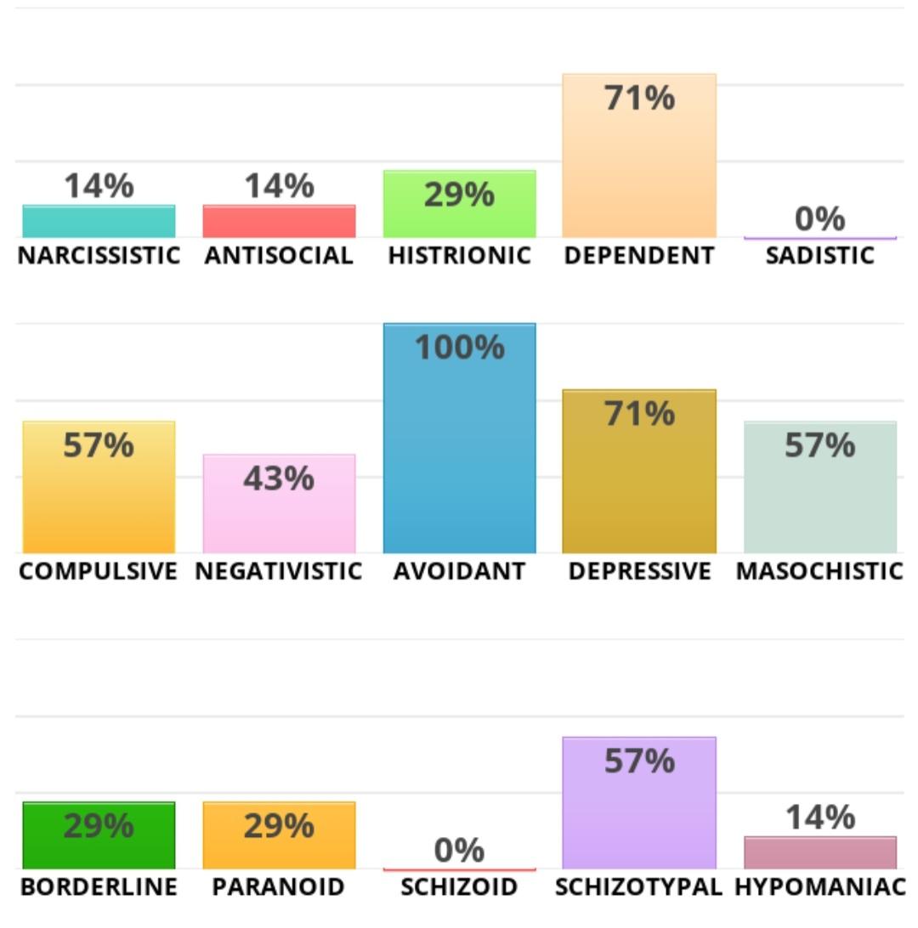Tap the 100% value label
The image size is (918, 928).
(459, 348)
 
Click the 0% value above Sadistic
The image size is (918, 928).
(819, 219)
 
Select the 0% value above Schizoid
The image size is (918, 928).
(459, 850)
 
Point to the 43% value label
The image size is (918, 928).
(279, 479)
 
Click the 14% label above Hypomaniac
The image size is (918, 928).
(819, 818)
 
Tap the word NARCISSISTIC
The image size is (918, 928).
(99, 256)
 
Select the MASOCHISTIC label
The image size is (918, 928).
(819, 571)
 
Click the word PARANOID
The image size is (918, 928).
(279, 887)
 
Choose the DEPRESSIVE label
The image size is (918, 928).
(639, 571)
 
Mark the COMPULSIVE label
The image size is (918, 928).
(99, 571)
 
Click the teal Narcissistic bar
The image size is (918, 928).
(99, 222)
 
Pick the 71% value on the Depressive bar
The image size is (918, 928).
(639, 414)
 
